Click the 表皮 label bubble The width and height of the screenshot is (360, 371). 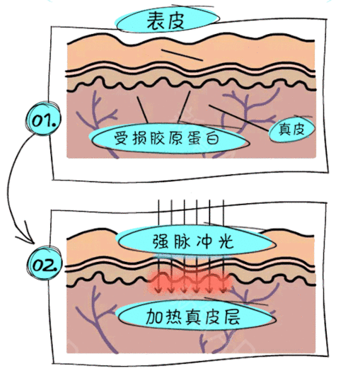tap(167, 20)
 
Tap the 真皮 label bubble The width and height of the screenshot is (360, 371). tap(292, 130)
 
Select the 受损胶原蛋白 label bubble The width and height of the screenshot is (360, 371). tap(168, 138)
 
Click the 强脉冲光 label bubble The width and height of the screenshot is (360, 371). tap(196, 241)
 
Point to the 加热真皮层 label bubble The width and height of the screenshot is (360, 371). tap(196, 316)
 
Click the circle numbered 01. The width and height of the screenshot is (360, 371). tap(43, 119)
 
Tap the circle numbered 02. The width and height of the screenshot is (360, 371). tap(44, 264)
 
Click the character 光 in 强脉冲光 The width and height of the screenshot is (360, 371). tap(226, 241)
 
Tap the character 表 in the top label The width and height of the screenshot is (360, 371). tap(156, 21)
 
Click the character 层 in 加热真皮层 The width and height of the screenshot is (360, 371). tap(232, 316)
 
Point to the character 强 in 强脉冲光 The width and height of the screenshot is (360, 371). tap(161, 241)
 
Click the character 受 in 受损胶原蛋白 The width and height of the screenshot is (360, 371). tap(122, 139)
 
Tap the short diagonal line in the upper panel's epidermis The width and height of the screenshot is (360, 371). tap(182, 55)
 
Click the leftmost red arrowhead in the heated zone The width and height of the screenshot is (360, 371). tap(159, 290)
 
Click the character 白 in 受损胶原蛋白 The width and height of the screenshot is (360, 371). tap(212, 139)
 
